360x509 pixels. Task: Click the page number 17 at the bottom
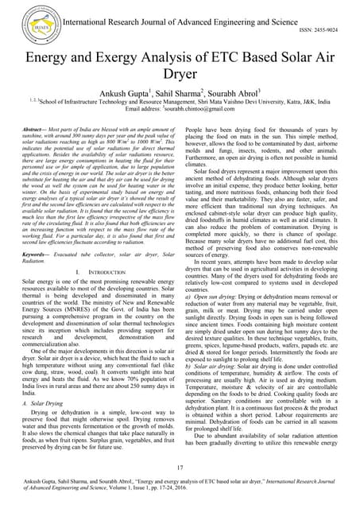click(180, 467)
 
